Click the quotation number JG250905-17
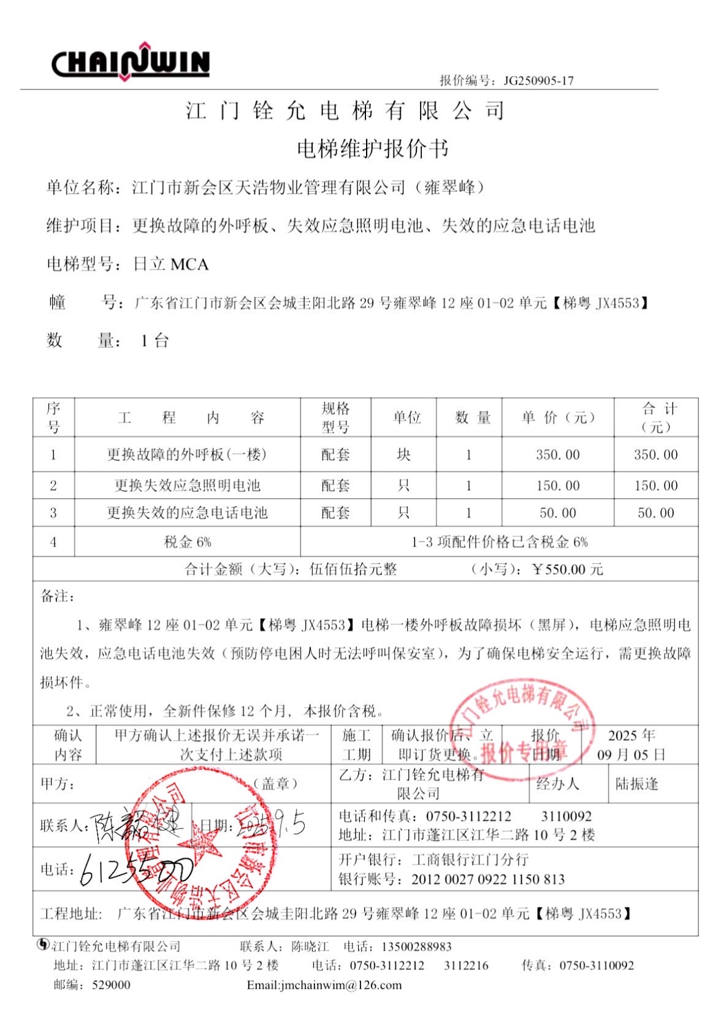click(538, 80)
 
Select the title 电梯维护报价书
click(372, 149)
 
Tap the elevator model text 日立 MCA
click(171, 265)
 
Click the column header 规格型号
click(335, 418)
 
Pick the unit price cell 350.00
click(557, 455)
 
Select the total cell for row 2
click(655, 486)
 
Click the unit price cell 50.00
click(557, 513)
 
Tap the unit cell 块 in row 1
click(403, 455)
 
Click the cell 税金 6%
click(187, 542)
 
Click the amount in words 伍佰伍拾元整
click(353, 570)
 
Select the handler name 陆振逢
click(636, 784)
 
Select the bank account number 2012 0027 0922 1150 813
click(488, 880)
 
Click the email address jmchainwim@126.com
click(324, 985)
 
